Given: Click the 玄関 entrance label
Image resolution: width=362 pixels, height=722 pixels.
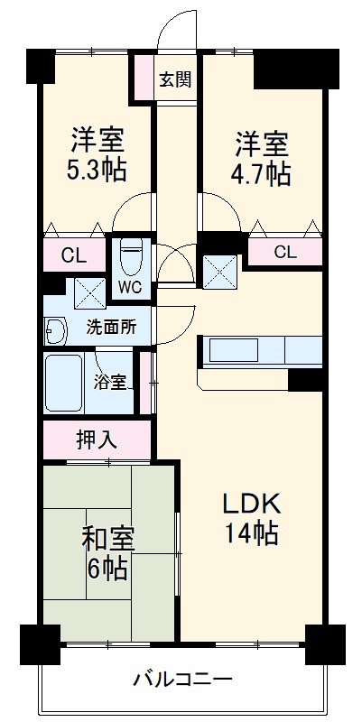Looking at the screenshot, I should click(176, 79).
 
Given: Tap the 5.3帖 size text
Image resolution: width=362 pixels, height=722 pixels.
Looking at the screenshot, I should click(97, 169).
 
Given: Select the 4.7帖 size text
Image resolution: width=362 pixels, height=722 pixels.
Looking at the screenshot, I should click(263, 172).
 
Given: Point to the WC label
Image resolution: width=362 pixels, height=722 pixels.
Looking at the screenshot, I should click(130, 288).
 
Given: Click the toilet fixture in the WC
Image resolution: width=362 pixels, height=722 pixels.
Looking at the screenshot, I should click(132, 257).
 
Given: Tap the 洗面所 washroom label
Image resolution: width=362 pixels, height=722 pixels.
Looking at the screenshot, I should click(111, 328).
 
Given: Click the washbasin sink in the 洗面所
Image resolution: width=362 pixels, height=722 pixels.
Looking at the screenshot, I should click(55, 332).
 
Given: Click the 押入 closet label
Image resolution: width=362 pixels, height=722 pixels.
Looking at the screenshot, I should click(96, 440).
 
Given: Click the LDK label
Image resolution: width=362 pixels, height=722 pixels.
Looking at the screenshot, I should click(252, 503).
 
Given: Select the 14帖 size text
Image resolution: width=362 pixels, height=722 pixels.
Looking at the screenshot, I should click(251, 532).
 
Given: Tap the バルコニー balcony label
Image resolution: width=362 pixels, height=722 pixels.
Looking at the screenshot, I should click(183, 678).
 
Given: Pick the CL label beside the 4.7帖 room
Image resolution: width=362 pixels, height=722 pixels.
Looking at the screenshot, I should click(285, 252).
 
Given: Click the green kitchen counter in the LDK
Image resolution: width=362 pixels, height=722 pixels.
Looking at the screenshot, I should click(260, 349).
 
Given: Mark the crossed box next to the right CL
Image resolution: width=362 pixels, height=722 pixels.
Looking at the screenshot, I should click(220, 271).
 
